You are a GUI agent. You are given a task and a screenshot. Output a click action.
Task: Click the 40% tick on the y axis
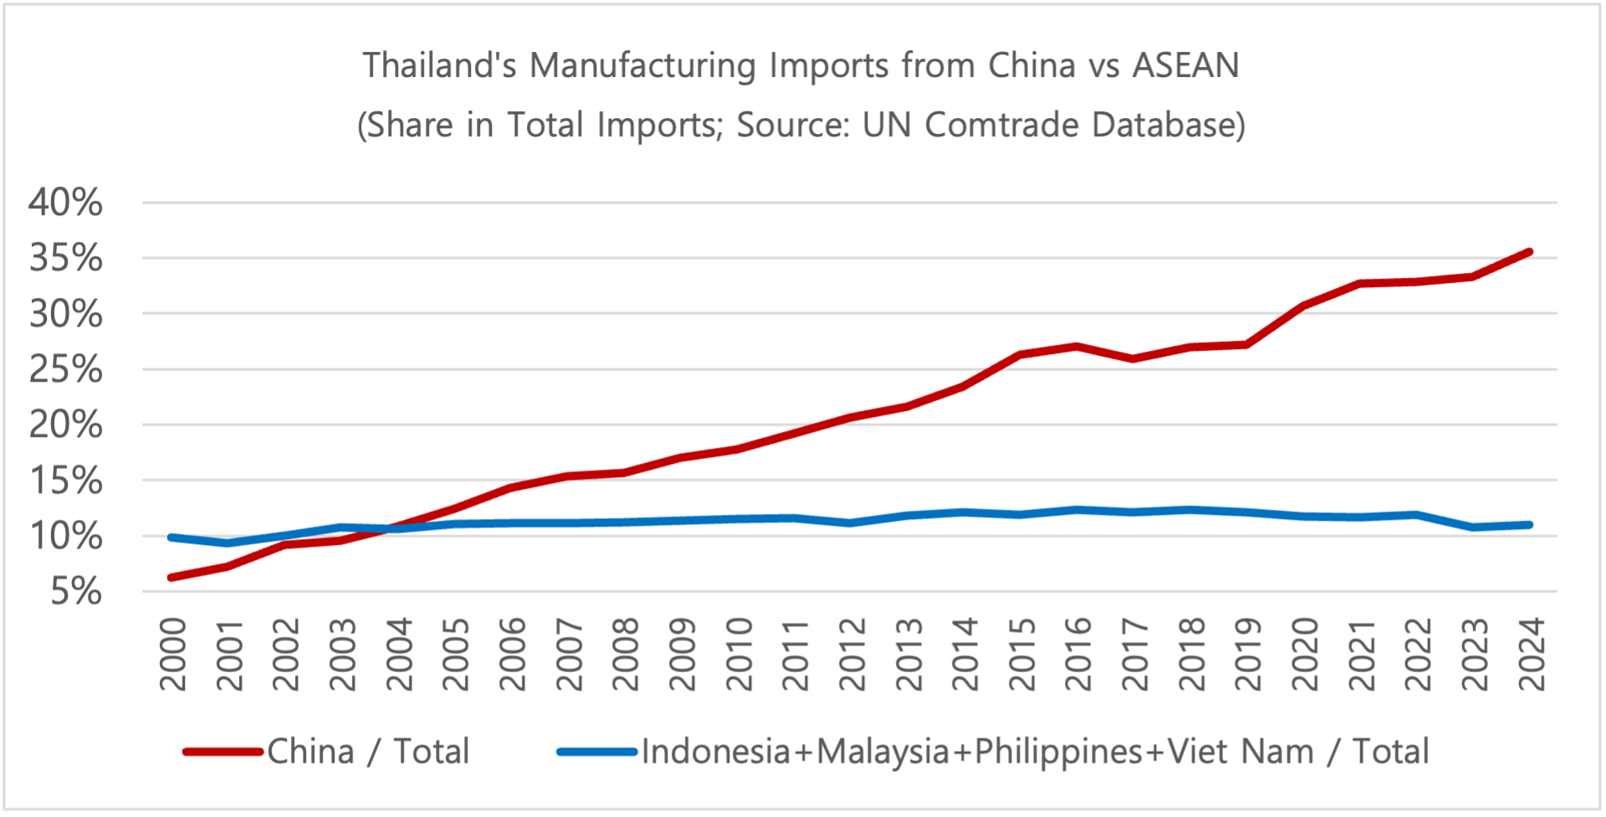coord(65,203)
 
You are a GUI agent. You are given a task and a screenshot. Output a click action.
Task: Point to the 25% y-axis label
coord(65,369)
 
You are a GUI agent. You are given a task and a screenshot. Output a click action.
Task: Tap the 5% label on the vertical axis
coord(76,592)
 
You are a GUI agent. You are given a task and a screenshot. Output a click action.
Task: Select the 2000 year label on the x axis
coord(173,654)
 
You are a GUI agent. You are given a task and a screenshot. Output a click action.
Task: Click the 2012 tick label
coord(852,654)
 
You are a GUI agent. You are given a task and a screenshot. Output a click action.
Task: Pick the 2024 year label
coord(1532,654)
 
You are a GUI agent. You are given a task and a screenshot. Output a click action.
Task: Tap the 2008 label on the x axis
coord(626,654)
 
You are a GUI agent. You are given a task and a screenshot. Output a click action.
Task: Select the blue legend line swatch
coord(597,752)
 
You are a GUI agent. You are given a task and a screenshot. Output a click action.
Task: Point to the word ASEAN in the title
coord(1185,65)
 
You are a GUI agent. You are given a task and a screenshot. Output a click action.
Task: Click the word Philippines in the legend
coord(1058,752)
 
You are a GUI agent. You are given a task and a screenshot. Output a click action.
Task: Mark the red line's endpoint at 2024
coord(1530,251)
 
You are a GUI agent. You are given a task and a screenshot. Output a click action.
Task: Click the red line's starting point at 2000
coord(171,578)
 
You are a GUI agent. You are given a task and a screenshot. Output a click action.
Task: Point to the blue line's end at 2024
coord(1530,525)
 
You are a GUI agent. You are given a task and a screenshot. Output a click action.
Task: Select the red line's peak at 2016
coord(1077,346)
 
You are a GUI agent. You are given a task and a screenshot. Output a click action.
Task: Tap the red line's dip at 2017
coord(1133,358)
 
